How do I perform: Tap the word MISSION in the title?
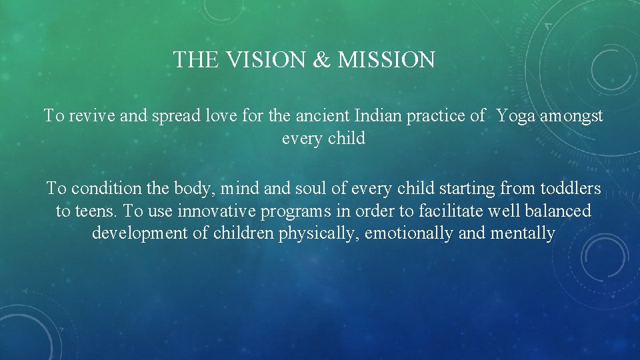[386, 61]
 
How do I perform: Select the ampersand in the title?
[321, 61]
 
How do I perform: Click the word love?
[208, 116]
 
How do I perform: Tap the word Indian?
[369, 116]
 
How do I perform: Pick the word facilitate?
[451, 211]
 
